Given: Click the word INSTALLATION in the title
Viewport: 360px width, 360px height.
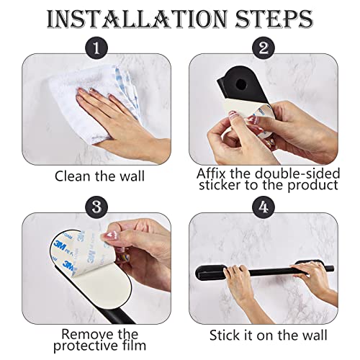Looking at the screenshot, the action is [x=137, y=19].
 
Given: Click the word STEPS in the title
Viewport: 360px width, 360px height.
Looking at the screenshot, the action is [x=274, y=19].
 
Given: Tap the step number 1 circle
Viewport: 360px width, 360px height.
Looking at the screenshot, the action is [x=96, y=48].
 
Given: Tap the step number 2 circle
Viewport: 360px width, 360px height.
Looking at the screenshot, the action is [x=264, y=48].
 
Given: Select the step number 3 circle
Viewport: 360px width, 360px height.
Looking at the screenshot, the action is [x=96, y=207].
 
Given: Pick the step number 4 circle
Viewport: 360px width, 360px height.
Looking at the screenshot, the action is [x=264, y=207].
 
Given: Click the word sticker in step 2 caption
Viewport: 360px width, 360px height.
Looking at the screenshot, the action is [x=220, y=185].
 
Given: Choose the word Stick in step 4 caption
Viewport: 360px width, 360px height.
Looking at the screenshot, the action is [x=224, y=335].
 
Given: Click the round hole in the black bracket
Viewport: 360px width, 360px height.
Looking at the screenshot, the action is [x=240, y=84].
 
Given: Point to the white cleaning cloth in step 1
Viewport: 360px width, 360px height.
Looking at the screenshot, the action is [x=96, y=96].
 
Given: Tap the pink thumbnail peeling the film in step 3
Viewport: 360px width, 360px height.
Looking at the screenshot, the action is [x=107, y=236].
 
